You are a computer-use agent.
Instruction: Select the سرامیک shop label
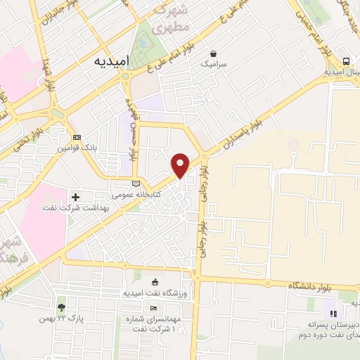[x=215, y=63]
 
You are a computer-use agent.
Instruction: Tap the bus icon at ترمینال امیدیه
[x=347, y=61]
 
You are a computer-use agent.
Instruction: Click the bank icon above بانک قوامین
[x=77, y=137]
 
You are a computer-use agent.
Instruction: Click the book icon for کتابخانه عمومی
[x=136, y=184]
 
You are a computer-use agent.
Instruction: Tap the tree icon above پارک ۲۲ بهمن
[x=61, y=307]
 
